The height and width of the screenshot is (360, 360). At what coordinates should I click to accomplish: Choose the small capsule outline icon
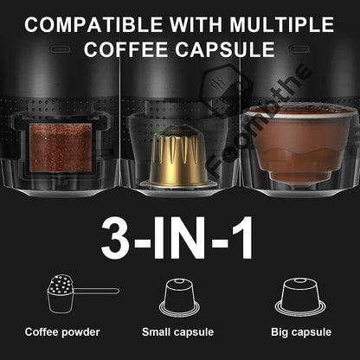179,299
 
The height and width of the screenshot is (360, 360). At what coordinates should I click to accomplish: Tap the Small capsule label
179,331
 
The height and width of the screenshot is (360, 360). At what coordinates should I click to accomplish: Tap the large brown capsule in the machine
291,143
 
